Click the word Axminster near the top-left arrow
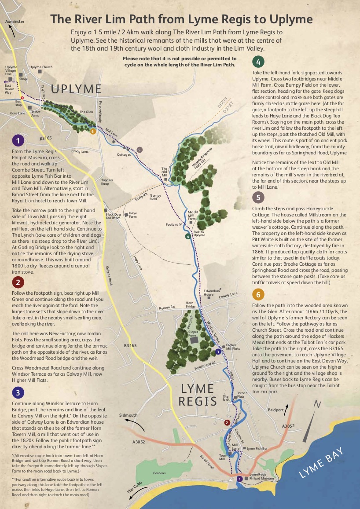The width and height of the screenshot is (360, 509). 15,21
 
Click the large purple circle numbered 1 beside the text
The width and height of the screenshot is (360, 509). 17,140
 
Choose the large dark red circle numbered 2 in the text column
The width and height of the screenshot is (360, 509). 17,282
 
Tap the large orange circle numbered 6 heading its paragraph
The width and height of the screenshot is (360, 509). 258,294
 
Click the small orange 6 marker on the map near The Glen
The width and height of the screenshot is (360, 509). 92,131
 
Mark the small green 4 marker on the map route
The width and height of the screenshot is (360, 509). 188,237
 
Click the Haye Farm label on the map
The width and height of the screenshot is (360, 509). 133,215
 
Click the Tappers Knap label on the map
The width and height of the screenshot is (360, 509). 107,182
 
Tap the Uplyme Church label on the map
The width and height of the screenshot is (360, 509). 41,67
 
